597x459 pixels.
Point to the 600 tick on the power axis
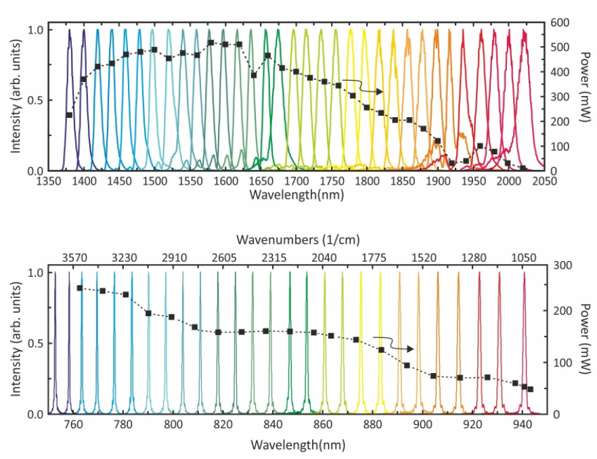(x=562, y=23)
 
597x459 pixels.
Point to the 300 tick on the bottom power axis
(x=562, y=266)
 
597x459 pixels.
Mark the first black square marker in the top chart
(x=69, y=115)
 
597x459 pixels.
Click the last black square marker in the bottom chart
(x=531, y=389)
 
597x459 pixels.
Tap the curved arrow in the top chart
(x=363, y=86)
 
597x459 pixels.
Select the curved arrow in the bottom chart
(x=393, y=343)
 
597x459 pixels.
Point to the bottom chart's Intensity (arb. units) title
(x=15, y=343)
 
